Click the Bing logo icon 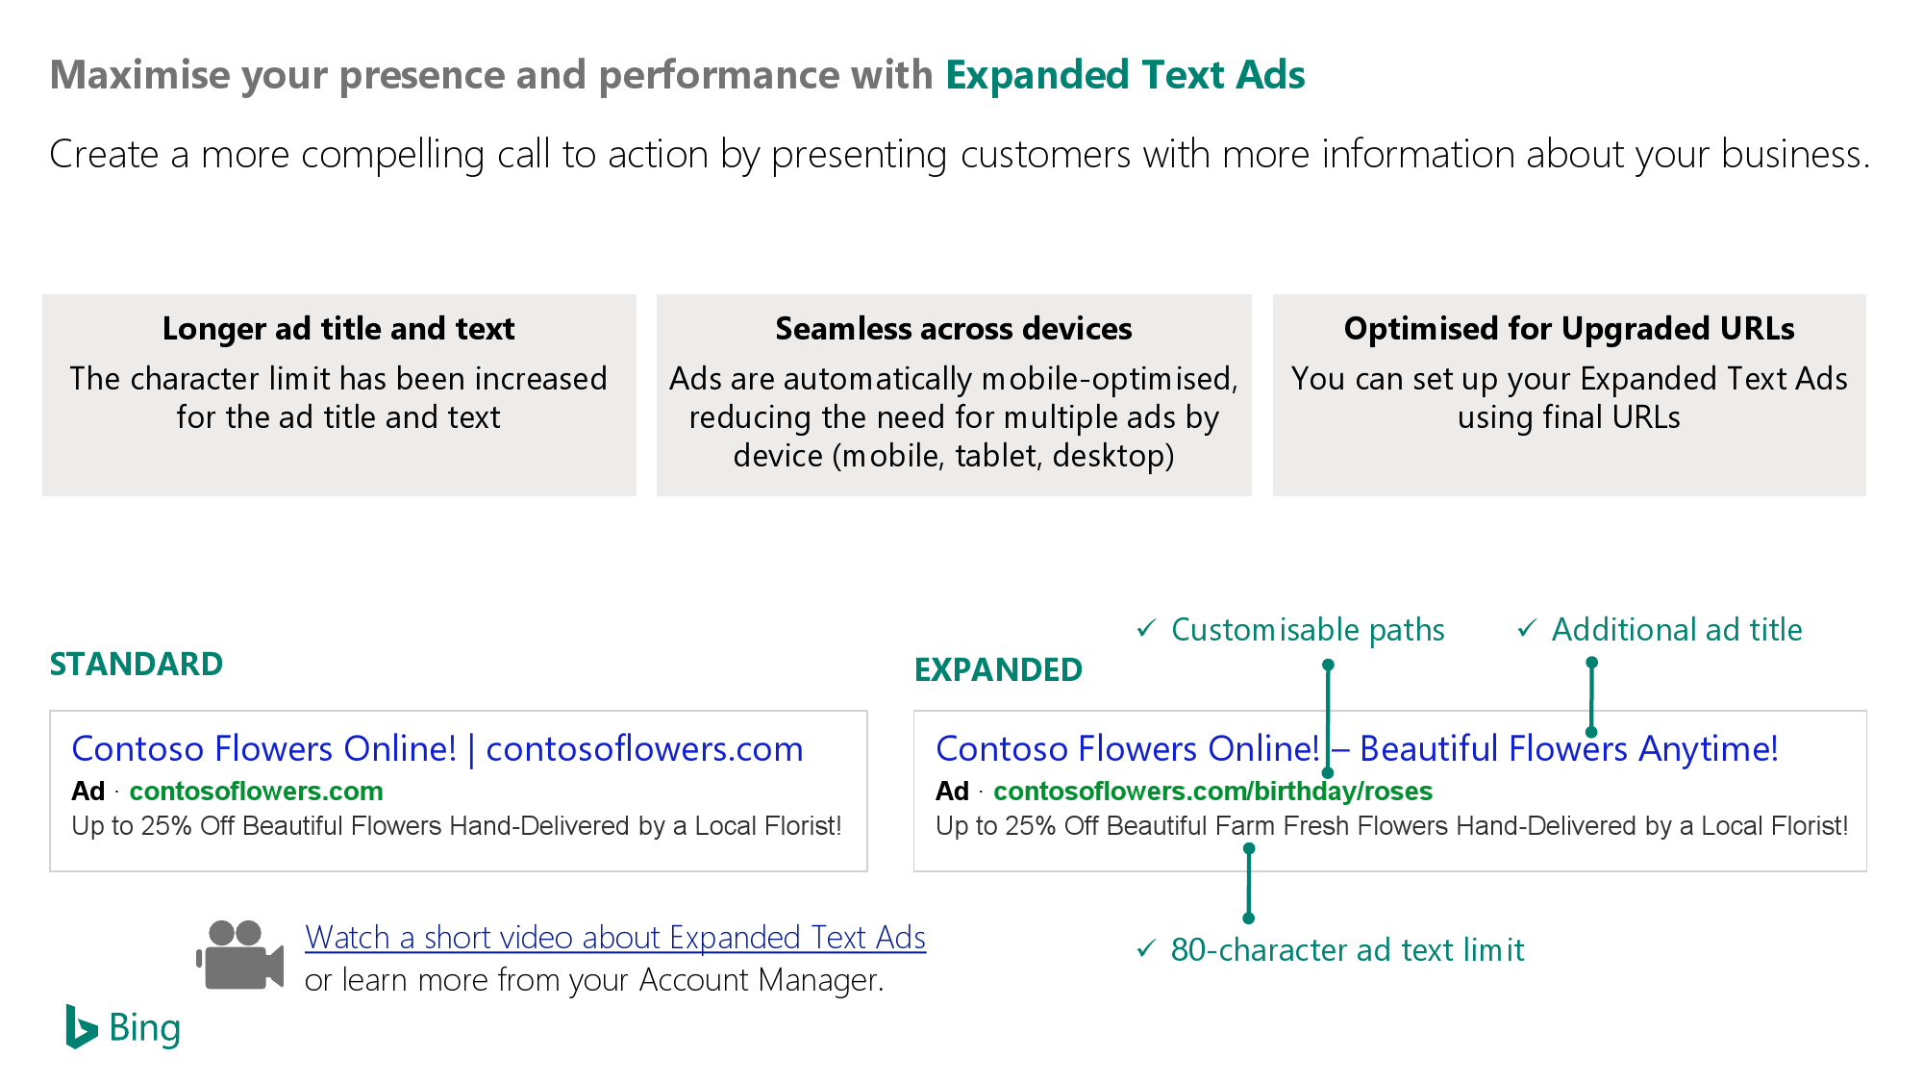82,1027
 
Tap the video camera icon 240,955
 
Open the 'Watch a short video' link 615,937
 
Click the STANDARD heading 137,664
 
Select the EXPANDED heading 998,669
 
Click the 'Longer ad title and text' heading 338,329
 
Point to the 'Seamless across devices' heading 954,329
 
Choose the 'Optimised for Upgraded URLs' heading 1569,329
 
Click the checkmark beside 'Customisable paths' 1146,628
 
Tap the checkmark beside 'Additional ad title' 1527,628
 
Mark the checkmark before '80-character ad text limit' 1146,948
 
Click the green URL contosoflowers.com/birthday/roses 1212,791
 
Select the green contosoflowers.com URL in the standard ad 256,791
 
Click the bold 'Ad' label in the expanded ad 952,791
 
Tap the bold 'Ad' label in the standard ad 87,791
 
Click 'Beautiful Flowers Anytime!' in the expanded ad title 1569,748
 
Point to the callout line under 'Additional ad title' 1591,697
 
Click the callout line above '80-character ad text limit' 1249,884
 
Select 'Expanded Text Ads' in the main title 1126,75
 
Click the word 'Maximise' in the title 140,75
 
